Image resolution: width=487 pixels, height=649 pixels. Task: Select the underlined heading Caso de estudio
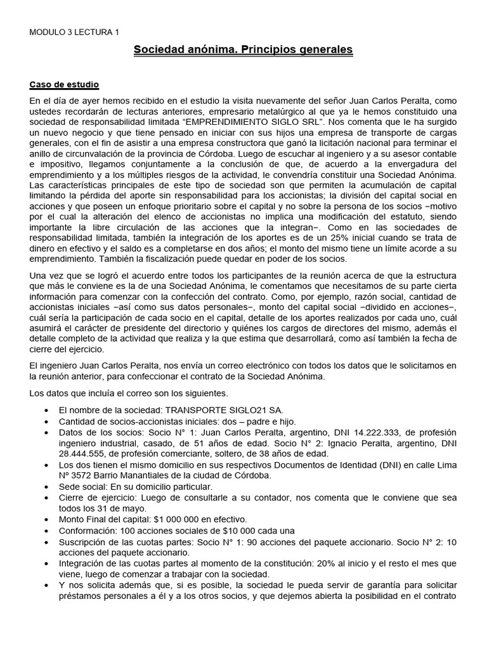[64, 84]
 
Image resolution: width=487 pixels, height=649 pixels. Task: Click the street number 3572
[83, 475]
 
